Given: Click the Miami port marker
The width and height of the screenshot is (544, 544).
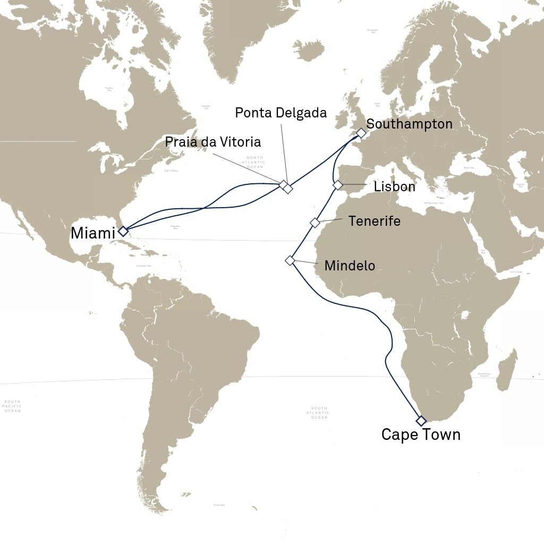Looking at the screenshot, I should (123, 231).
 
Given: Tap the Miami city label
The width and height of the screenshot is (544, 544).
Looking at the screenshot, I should (93, 233).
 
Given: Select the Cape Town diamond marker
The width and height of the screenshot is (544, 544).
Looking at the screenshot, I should (421, 421).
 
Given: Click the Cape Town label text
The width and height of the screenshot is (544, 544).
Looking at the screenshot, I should (421, 435).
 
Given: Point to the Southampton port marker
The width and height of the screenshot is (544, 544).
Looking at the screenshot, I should (361, 133).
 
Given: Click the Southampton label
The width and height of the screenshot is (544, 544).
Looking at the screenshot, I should (410, 124).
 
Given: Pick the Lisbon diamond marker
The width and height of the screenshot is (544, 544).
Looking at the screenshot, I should (337, 185).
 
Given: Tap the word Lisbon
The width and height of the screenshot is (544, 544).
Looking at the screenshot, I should (394, 187).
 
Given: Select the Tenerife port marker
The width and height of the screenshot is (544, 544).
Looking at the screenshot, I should (314, 223).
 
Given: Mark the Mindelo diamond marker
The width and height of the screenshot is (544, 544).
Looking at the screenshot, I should (290, 260).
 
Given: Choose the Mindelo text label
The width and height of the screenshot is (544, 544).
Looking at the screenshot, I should (350, 265).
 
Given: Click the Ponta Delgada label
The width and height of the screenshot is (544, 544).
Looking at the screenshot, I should (280, 113).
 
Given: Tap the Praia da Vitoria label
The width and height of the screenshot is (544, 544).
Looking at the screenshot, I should (212, 142).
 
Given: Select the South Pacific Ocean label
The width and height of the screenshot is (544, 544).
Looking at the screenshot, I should (12, 406).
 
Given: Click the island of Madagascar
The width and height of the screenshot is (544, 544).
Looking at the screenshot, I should (508, 369).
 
